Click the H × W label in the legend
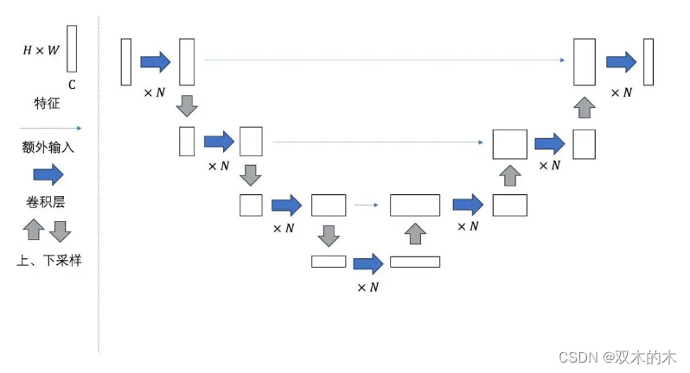click(x=41, y=50)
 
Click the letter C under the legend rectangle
click(x=72, y=85)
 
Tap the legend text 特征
click(x=47, y=104)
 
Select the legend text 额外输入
click(x=48, y=147)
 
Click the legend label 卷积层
click(x=48, y=203)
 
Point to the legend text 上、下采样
click(x=48, y=260)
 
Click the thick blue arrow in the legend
click(x=48, y=175)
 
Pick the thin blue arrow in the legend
click(x=48, y=126)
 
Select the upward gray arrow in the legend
click(x=34, y=231)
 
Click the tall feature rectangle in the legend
click(x=72, y=48)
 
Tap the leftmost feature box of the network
click(x=126, y=61)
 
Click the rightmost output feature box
click(x=648, y=61)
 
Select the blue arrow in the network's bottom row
click(x=367, y=262)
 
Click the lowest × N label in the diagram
click(x=367, y=287)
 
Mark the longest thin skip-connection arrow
click(x=385, y=60)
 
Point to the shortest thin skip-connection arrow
click(x=367, y=205)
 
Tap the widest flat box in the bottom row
click(x=415, y=262)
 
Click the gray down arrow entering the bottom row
click(x=328, y=235)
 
